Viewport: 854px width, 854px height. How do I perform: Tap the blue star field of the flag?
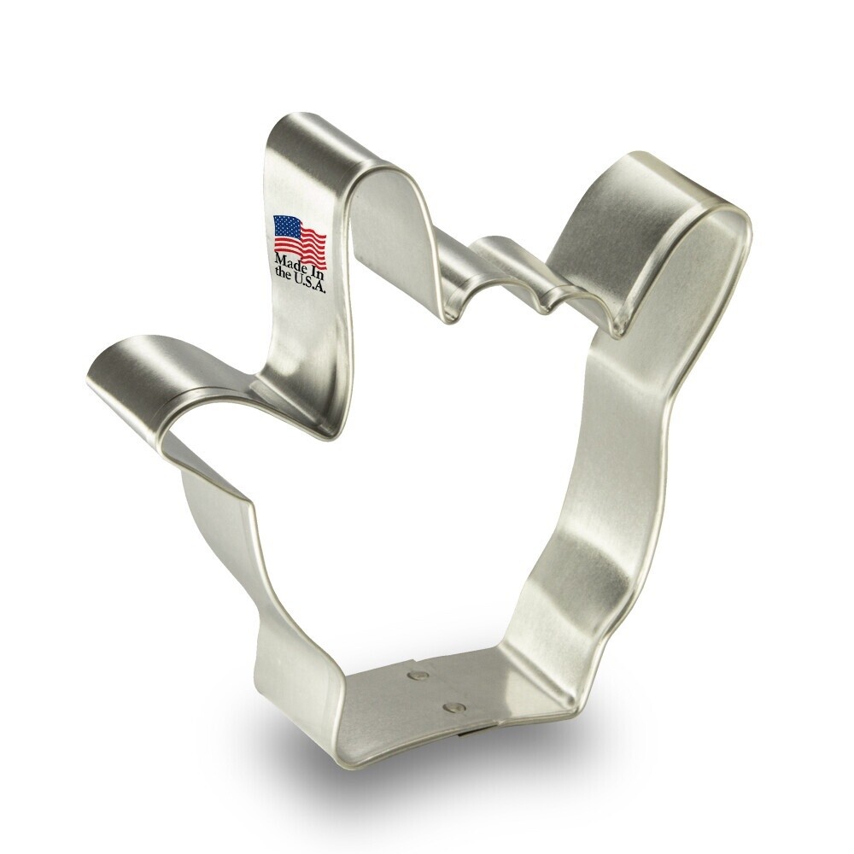click(x=284, y=225)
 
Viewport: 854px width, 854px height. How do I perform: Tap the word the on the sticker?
click(x=283, y=273)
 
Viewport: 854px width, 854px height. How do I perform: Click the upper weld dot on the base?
click(x=418, y=676)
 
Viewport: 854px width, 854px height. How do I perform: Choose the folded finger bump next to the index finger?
click(x=461, y=303)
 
